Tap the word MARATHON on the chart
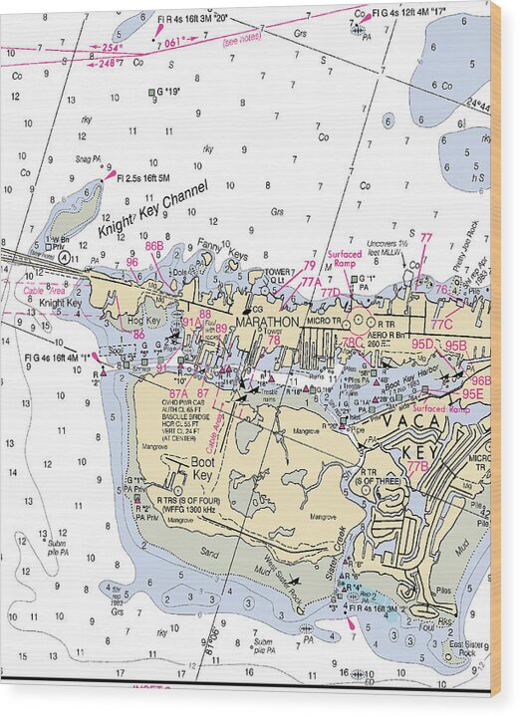point(267,323)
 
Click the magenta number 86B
point(154,246)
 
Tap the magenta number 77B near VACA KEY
point(416,466)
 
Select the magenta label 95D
point(422,345)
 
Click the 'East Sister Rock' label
point(463,648)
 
